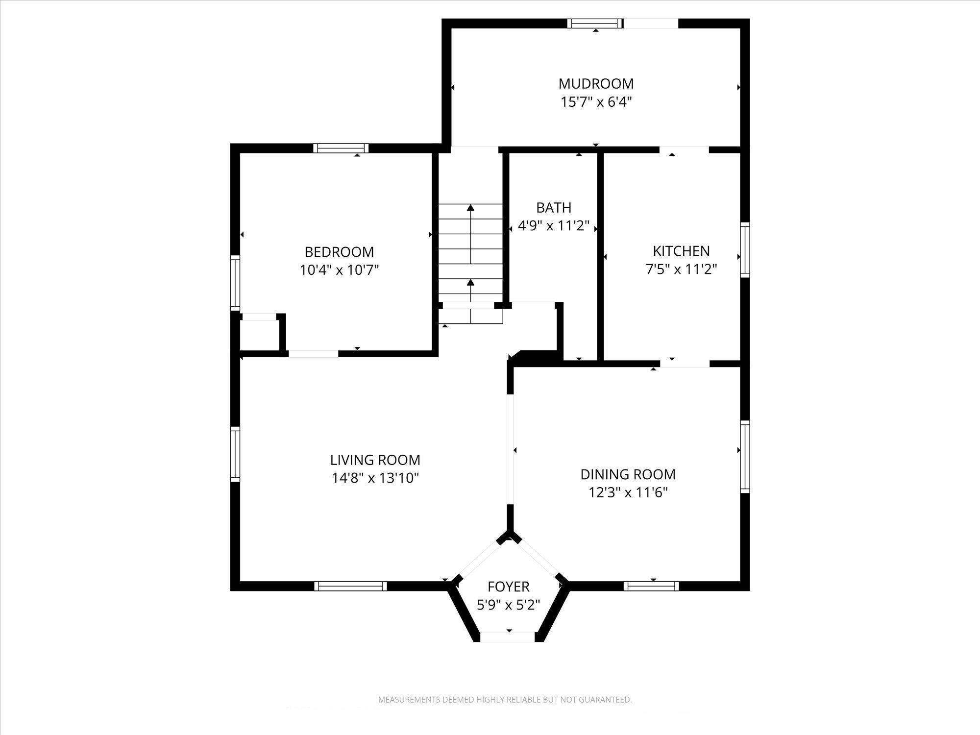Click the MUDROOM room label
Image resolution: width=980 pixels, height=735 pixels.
click(x=596, y=83)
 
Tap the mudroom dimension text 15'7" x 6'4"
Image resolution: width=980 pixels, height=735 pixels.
click(x=596, y=102)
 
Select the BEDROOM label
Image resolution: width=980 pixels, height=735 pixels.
click(x=339, y=252)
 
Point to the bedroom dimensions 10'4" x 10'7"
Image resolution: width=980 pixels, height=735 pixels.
click(x=340, y=270)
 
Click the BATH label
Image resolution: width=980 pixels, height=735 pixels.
click(x=554, y=208)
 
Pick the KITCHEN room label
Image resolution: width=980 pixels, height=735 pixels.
click(x=681, y=251)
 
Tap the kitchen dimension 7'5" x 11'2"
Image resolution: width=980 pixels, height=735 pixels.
click(x=681, y=269)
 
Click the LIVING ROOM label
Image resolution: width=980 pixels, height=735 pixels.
click(x=375, y=460)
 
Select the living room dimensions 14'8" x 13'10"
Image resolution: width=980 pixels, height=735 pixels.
click(x=375, y=478)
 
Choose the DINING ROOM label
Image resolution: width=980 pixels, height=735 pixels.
click(x=628, y=474)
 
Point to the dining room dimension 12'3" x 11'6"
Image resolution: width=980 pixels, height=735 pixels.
click(x=628, y=492)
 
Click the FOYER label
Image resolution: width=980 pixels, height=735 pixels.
click(x=509, y=587)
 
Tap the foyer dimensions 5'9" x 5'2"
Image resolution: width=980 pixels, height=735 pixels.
click(x=509, y=605)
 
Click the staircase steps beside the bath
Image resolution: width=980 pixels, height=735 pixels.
click(x=470, y=264)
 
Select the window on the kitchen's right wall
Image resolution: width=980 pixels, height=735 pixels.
click(x=745, y=250)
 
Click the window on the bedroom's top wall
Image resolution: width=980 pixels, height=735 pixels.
click(x=341, y=148)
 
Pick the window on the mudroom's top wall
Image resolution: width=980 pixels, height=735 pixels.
click(x=595, y=23)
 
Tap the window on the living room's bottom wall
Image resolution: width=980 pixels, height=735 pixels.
click(x=350, y=586)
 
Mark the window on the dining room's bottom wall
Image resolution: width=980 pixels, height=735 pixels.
click(x=652, y=586)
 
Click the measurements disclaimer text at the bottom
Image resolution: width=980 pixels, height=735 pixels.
click(x=505, y=700)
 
